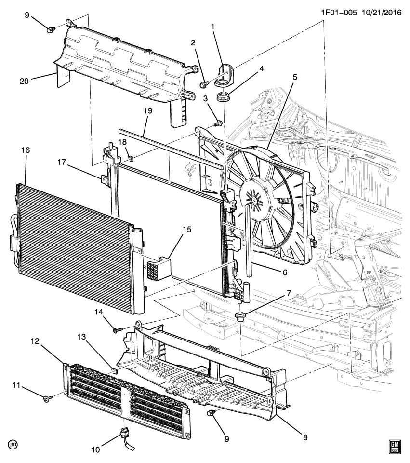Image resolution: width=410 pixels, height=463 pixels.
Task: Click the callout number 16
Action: (25, 150)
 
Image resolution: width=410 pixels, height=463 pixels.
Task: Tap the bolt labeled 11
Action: (47, 399)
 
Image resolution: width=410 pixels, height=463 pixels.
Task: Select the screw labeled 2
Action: (203, 85)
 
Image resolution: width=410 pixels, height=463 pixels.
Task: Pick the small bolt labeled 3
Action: (218, 123)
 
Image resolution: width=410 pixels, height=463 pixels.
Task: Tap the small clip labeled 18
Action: (131, 157)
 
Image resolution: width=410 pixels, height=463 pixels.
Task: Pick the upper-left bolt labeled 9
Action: (50, 30)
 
